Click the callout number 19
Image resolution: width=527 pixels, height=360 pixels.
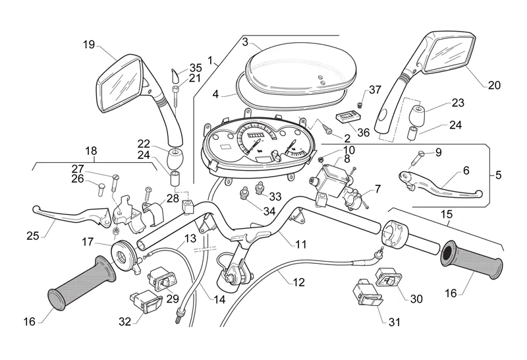click(x=89, y=45)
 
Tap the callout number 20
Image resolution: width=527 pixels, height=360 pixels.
click(x=494, y=85)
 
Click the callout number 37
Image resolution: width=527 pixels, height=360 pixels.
click(x=375, y=90)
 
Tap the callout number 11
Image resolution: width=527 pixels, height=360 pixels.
click(x=301, y=244)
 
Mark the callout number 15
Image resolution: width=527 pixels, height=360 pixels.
click(x=447, y=214)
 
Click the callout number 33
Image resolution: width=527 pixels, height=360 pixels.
click(x=275, y=196)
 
